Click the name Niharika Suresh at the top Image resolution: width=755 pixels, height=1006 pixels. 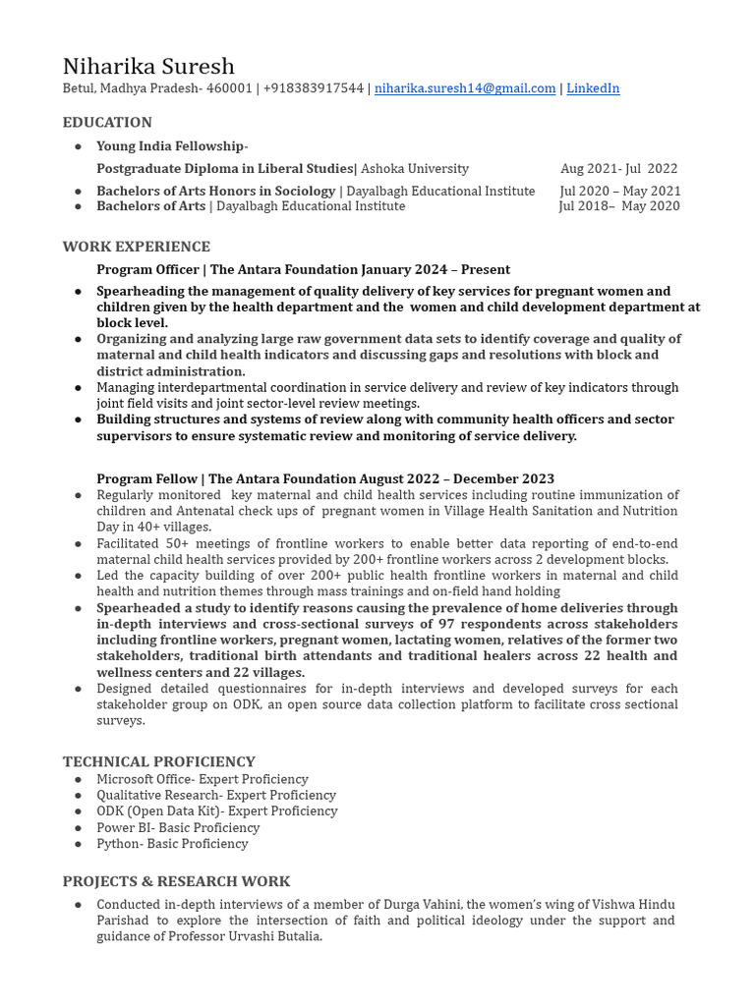[148, 67]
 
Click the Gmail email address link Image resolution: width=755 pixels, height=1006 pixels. [465, 88]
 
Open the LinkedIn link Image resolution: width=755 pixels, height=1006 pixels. [593, 88]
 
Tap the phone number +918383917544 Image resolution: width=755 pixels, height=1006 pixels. [313, 88]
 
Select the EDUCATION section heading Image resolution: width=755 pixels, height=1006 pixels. [107, 123]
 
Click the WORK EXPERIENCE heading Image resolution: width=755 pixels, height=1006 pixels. [137, 247]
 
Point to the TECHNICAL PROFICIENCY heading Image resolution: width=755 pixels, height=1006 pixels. [158, 761]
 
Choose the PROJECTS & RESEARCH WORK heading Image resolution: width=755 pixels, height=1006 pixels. [177, 881]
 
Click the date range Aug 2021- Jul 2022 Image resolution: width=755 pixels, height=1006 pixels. [618, 169]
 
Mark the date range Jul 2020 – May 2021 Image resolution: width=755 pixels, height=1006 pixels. [619, 191]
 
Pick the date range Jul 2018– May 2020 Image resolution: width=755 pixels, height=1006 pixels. [618, 206]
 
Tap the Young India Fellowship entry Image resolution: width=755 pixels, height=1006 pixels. [172, 146]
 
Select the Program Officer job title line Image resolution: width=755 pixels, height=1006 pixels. [303, 269]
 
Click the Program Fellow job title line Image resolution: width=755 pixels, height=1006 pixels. [324, 478]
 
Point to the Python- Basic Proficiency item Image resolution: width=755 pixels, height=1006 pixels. [172, 844]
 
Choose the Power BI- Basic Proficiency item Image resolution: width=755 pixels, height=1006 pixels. [178, 827]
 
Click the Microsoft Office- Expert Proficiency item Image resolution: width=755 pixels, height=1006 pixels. [202, 779]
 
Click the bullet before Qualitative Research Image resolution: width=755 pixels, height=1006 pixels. [78, 796]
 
